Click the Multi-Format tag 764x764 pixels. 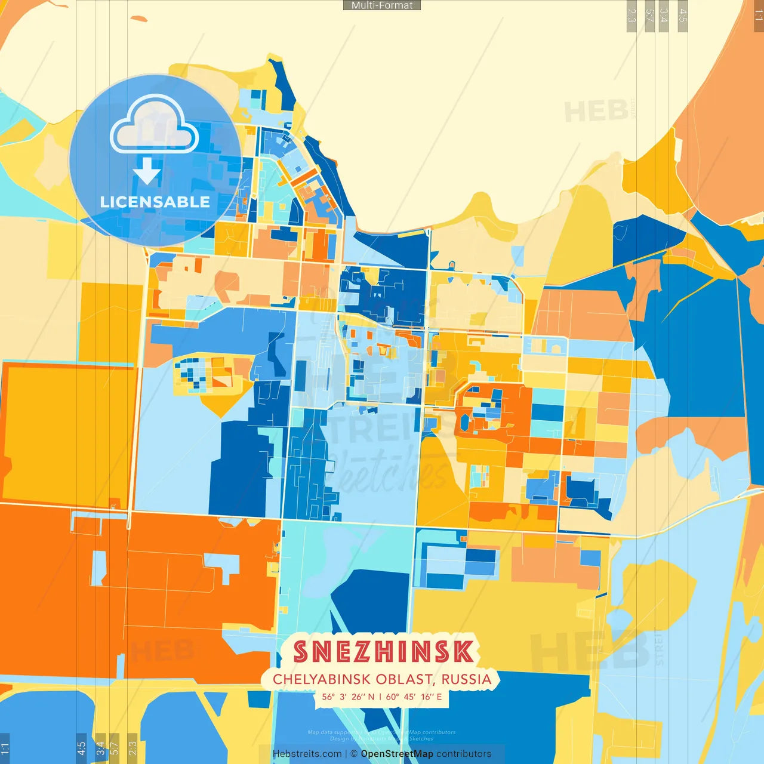tap(382, 5)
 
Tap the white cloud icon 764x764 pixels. tap(155, 125)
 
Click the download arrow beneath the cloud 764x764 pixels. tap(147, 171)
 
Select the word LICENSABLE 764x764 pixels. tap(155, 202)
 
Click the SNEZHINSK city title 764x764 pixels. tap(384, 652)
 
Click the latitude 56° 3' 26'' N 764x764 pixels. tap(349, 697)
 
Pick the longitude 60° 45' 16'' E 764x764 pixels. tap(414, 697)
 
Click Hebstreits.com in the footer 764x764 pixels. tap(307, 754)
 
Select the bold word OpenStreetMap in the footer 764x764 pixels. tap(397, 754)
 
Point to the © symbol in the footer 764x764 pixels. tap(354, 754)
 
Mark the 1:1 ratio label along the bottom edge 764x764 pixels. tap(5, 748)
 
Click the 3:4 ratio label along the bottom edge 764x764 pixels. tap(100, 748)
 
